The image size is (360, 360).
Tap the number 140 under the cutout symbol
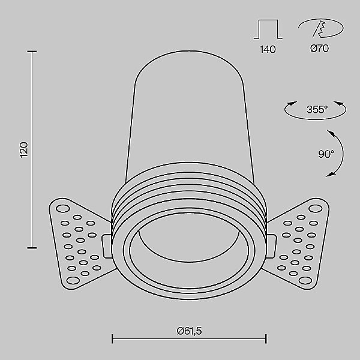pyautogui.click(x=268, y=49)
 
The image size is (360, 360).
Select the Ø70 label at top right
pyautogui.click(x=319, y=49)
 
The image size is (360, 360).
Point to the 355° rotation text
pyautogui.click(x=316, y=110)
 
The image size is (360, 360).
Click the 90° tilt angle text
pyautogui.click(x=326, y=154)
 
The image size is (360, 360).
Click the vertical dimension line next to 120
pyautogui.click(x=32, y=149)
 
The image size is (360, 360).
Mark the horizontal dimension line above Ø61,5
pyautogui.click(x=189, y=340)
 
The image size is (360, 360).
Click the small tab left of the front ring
pyautogui.click(x=106, y=245)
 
